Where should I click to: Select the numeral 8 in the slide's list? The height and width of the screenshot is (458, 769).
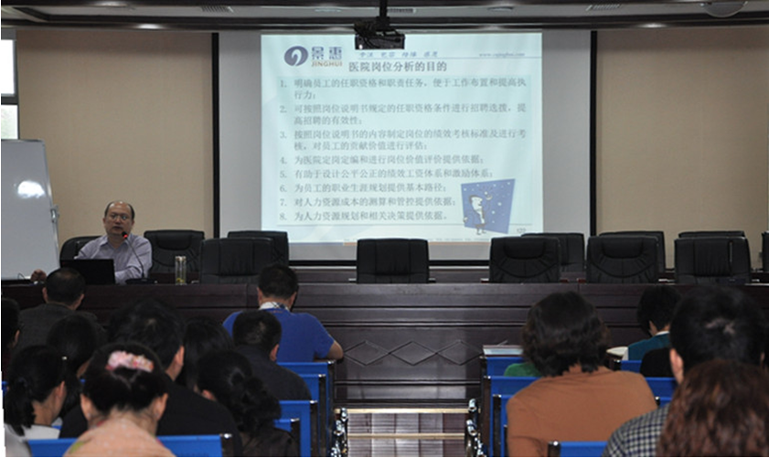tap(284, 216)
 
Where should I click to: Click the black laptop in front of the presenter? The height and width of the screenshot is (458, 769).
tap(88, 271)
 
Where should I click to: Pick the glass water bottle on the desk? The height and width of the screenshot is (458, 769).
tap(180, 269)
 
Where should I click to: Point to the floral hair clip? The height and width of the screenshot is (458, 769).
tap(131, 362)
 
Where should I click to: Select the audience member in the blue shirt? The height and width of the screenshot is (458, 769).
tap(286, 325)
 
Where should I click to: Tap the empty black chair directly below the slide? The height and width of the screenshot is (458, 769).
tap(392, 260)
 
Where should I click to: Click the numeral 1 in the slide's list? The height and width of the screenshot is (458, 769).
tap(284, 83)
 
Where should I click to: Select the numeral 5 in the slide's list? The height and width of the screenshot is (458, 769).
tap(284, 173)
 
